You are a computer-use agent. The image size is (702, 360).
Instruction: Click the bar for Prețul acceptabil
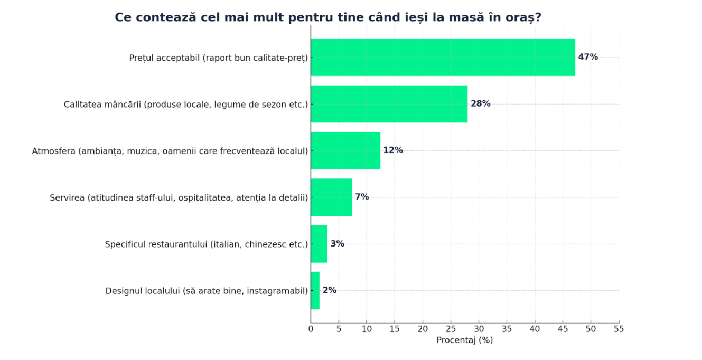443,57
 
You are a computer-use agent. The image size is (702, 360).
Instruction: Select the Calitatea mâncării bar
389,104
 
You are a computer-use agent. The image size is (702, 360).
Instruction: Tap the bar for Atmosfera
345,150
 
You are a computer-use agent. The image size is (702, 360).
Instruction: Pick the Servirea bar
331,197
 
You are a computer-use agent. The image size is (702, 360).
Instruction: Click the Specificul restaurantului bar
319,244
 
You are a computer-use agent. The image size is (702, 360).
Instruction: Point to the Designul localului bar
315,290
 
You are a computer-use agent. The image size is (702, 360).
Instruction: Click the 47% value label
588,57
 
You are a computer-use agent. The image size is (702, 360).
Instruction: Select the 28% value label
481,104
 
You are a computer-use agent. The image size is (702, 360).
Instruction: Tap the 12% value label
393,150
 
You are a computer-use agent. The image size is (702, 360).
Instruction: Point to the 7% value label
362,197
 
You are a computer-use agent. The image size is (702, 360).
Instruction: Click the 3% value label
338,244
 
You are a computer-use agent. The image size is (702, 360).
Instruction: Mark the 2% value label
330,290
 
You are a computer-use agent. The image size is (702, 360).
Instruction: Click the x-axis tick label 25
451,329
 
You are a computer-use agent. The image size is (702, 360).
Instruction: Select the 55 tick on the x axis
619,329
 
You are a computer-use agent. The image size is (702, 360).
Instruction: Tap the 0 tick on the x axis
311,329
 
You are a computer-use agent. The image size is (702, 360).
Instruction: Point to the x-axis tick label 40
535,329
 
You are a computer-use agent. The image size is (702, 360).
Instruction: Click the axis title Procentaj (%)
464,340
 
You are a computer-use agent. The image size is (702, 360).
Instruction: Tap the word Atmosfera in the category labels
54,151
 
